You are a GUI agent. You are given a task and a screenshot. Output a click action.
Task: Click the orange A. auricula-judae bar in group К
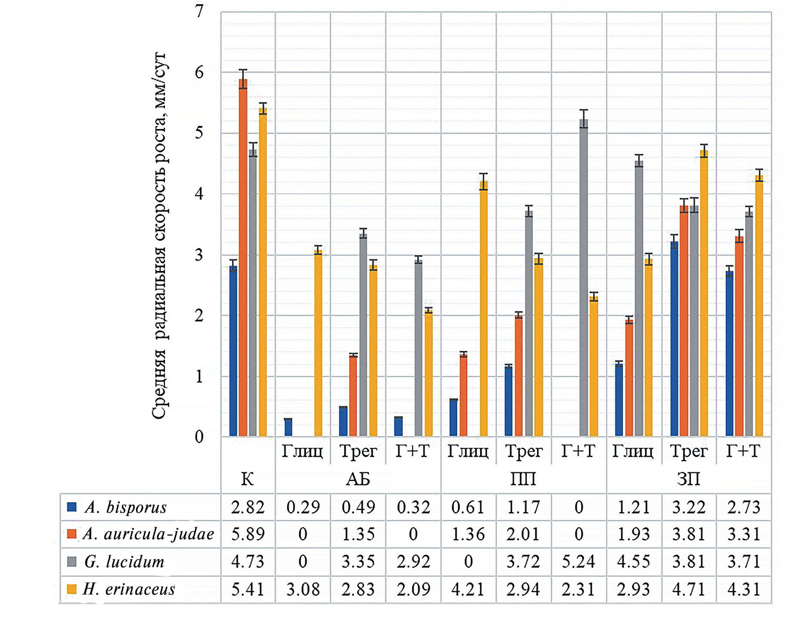pyautogui.click(x=243, y=258)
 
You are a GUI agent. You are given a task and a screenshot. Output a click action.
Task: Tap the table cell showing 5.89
pyautogui.click(x=248, y=534)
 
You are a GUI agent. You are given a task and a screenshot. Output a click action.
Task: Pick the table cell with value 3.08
pyautogui.click(x=303, y=589)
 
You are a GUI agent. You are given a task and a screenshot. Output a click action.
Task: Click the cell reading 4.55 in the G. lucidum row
pyautogui.click(x=633, y=562)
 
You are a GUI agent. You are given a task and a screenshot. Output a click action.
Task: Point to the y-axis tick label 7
pyautogui.click(x=199, y=12)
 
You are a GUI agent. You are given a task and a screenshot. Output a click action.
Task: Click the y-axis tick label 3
pyautogui.click(x=199, y=255)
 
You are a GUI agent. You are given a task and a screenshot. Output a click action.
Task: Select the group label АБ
pyautogui.click(x=358, y=479)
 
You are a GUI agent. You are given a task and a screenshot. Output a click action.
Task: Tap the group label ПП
pyautogui.click(x=523, y=479)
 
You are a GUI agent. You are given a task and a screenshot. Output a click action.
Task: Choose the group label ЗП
pyautogui.click(x=688, y=479)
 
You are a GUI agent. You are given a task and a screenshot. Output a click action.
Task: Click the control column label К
pyautogui.click(x=247, y=479)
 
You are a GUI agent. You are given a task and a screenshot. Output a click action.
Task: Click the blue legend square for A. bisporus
pyautogui.click(x=72, y=507)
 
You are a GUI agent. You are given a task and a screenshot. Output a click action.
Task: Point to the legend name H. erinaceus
pyautogui.click(x=129, y=589)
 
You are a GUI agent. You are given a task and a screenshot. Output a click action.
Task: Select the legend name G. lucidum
pyautogui.click(x=124, y=562)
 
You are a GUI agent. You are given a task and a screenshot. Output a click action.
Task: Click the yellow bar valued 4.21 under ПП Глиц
pyautogui.click(x=484, y=310)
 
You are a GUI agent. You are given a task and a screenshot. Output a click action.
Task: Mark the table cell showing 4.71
pyautogui.click(x=688, y=589)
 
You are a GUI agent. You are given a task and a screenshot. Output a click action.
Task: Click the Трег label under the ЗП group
pyautogui.click(x=688, y=452)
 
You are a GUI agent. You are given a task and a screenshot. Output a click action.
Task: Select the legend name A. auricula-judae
pyautogui.click(x=148, y=534)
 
